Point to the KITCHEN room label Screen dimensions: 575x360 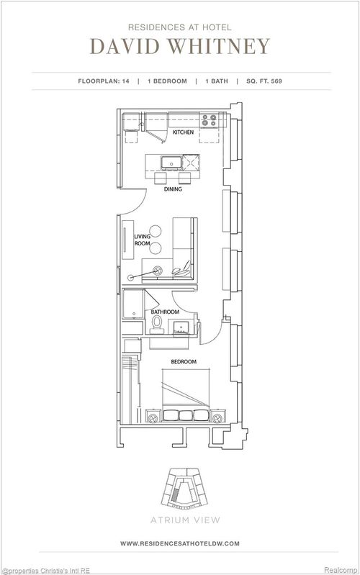182,133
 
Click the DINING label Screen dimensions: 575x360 172,191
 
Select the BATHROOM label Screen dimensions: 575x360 165,312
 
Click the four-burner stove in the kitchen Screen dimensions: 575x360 210,120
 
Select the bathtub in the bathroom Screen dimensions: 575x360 132,306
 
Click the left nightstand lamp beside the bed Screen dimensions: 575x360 152,416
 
